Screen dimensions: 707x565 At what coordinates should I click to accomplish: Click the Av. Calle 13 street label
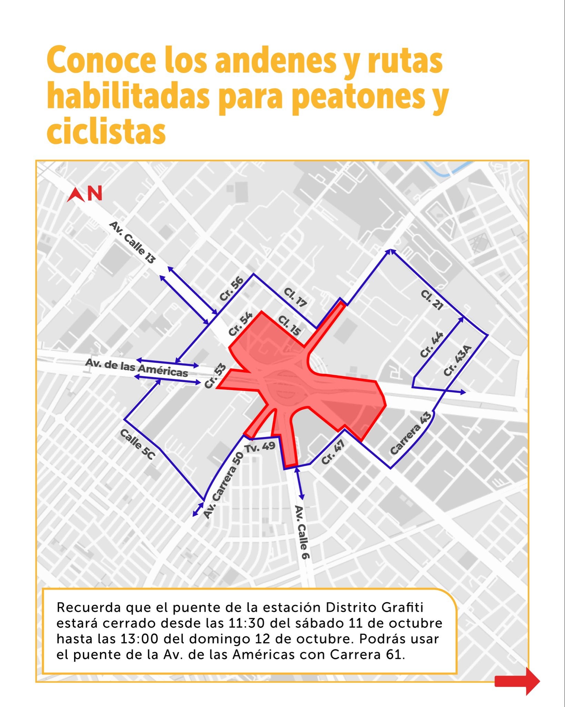(x=132, y=243)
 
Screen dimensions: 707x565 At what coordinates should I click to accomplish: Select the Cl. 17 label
(x=295, y=297)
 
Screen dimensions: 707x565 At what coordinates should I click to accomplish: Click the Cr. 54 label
(x=241, y=324)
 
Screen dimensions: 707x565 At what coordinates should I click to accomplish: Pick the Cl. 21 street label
(x=432, y=300)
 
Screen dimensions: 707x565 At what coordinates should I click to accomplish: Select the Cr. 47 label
(x=333, y=452)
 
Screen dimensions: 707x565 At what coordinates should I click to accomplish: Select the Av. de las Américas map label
(x=137, y=368)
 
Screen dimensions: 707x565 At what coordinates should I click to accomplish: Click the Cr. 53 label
(x=215, y=376)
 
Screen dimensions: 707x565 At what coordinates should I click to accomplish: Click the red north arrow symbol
(x=76, y=195)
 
